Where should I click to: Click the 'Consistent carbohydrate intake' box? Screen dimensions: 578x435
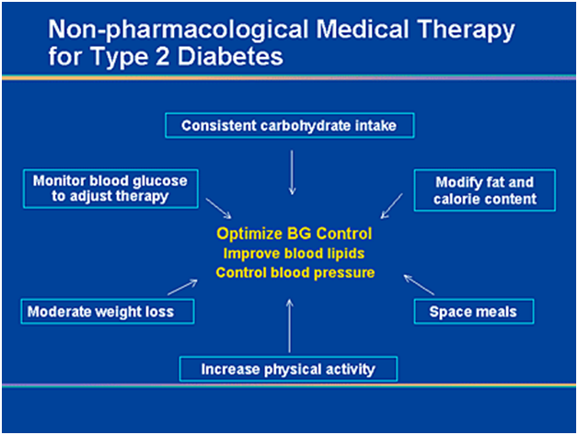[x=289, y=125]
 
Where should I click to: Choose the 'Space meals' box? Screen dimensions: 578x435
[x=473, y=311]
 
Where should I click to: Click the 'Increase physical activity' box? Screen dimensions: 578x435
[x=289, y=370]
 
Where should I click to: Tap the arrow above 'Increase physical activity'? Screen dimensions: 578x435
[x=290, y=324]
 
